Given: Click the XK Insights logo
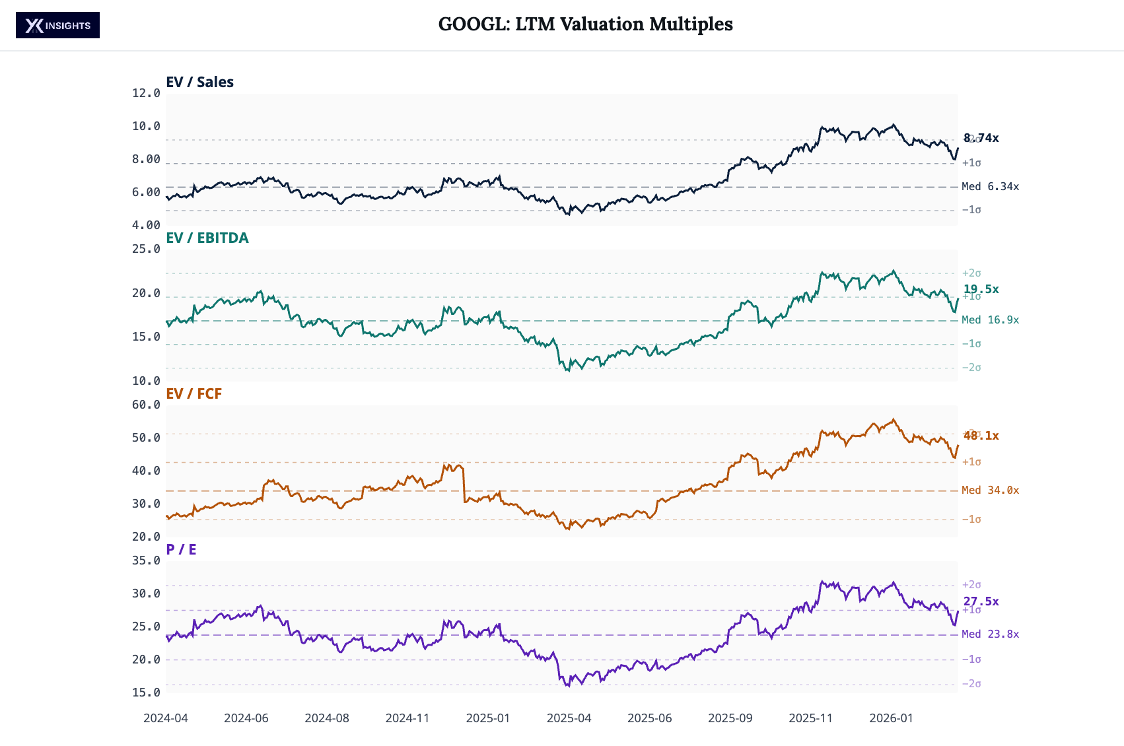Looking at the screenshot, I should coord(57,25).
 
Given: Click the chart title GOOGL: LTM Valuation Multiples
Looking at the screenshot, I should coord(585,24).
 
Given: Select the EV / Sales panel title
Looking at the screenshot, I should coord(199,82).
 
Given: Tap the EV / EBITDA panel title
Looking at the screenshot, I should coord(207,238).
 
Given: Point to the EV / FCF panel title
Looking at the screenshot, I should coord(193,393).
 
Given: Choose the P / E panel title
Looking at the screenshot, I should coord(181,549).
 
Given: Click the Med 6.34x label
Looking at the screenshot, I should coord(990,187).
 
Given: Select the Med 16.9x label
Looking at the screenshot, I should coord(990,320).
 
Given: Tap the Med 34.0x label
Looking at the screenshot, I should coord(990,491).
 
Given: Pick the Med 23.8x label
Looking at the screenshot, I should coord(990,634).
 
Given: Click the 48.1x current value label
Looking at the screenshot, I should coord(981,436).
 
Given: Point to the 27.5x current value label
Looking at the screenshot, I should coord(981,601).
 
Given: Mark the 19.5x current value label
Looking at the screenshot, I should coord(981,289).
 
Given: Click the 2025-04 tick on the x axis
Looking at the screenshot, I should coord(569,718).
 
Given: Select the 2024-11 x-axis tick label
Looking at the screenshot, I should coord(407,718).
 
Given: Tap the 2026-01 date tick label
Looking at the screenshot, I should coord(891,718).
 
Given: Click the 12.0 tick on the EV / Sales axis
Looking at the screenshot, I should coord(146,93).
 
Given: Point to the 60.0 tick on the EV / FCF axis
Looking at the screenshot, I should coord(146,405).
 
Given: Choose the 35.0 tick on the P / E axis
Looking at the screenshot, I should coord(146,560).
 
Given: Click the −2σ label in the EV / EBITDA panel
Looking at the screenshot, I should coord(971,368).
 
